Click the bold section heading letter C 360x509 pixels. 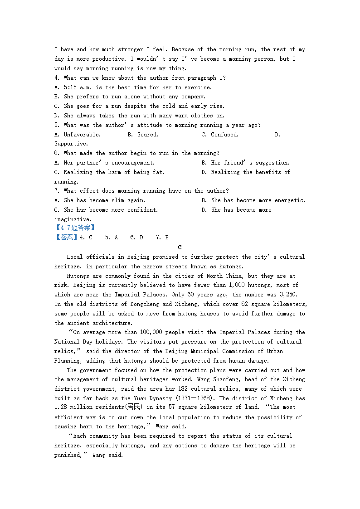coord(180,247)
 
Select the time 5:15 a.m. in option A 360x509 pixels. coord(74,87)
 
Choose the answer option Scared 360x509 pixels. coord(147,135)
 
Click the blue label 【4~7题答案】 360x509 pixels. coord(75,228)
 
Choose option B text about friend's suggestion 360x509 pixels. coord(250,163)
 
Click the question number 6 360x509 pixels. coord(57,153)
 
